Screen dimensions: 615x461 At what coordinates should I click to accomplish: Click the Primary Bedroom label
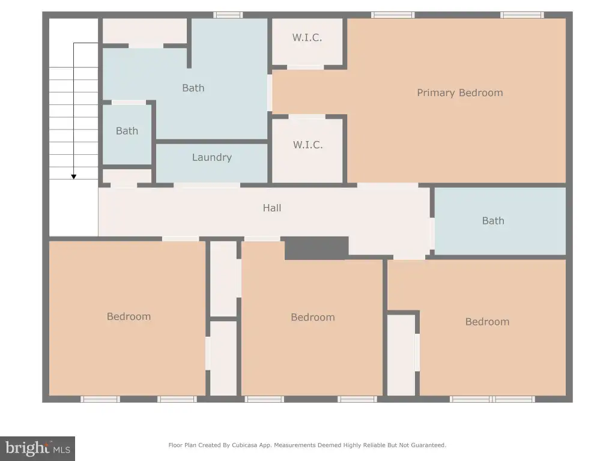(x=459, y=93)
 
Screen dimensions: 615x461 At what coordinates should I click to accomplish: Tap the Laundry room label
(x=212, y=158)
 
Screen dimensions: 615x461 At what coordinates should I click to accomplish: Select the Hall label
(x=272, y=208)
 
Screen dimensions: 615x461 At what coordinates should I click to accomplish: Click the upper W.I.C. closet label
(x=307, y=38)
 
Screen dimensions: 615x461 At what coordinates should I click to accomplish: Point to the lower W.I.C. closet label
(x=308, y=145)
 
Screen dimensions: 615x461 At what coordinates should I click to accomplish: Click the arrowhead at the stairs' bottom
(x=74, y=177)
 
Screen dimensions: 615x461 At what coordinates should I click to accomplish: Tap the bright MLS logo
(x=38, y=448)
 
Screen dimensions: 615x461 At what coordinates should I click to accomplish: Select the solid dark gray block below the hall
(x=317, y=248)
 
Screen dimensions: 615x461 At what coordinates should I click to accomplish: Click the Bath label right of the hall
(x=493, y=221)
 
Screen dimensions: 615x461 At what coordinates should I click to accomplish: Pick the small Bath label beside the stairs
(x=127, y=131)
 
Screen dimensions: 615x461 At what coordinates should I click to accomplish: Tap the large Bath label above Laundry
(x=193, y=88)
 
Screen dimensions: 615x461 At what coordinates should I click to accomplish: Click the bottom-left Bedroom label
(x=129, y=316)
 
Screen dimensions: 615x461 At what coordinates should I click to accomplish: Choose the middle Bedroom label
(x=312, y=317)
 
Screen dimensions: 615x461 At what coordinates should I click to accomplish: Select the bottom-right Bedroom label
(x=487, y=322)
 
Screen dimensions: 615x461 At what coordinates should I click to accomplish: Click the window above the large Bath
(x=228, y=15)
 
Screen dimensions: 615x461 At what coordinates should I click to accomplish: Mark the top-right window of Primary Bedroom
(x=522, y=15)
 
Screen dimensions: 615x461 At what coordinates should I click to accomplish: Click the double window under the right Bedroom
(x=492, y=399)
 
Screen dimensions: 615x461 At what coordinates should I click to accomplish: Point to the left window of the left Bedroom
(x=100, y=399)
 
